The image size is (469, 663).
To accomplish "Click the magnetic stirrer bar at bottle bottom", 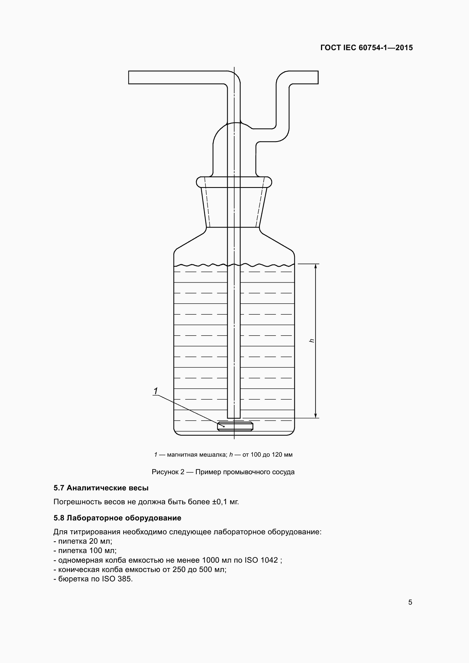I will [235, 426].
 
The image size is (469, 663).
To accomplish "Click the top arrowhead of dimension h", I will [315, 266].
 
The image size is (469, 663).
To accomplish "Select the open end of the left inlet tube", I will [129, 77].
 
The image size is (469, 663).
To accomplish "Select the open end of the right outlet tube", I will [317, 77].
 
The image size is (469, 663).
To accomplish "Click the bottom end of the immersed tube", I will [234, 417].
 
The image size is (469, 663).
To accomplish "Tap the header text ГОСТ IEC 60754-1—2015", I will [366, 48].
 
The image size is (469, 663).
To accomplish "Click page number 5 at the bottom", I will [410, 602].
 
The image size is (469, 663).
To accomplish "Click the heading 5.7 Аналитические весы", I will [101, 488].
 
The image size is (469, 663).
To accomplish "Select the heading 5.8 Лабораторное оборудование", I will [117, 518].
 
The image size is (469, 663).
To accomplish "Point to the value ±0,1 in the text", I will [220, 502].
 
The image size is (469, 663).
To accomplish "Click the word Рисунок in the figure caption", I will [165, 472].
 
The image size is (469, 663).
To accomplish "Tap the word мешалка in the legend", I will [214, 455].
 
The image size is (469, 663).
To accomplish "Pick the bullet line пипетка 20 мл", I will [83, 541].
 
